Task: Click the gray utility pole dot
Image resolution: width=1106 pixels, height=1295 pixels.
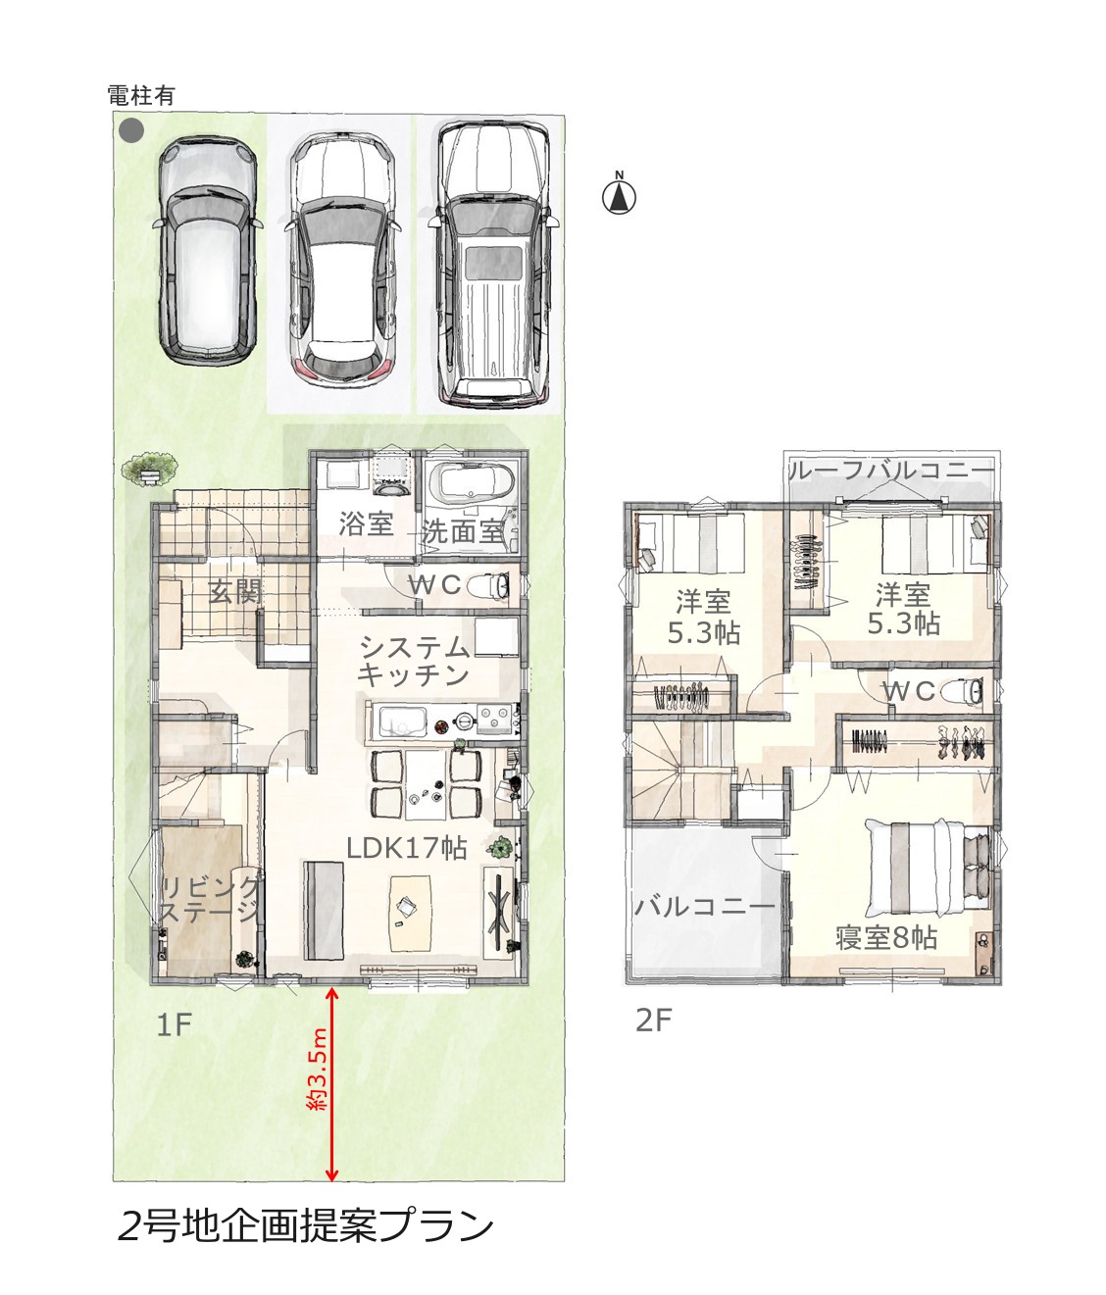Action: (132, 131)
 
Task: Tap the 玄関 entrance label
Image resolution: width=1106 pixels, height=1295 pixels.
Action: (235, 591)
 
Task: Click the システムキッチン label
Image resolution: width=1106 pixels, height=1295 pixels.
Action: (413, 661)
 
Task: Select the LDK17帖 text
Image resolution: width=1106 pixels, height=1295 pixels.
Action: (407, 848)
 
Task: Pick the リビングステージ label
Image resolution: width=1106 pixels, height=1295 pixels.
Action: (209, 900)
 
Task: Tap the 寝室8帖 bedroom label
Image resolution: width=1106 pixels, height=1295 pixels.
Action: (886, 938)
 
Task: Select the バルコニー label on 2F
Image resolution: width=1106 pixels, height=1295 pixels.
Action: (705, 907)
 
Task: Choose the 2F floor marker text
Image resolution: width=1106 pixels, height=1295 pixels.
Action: (654, 1021)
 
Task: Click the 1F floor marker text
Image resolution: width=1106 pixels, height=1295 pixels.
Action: (173, 1025)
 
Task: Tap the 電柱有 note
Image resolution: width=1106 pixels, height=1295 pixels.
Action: (141, 96)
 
